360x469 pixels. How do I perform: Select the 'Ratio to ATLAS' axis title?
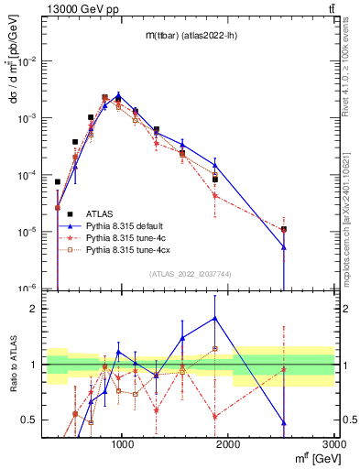point(12,365)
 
